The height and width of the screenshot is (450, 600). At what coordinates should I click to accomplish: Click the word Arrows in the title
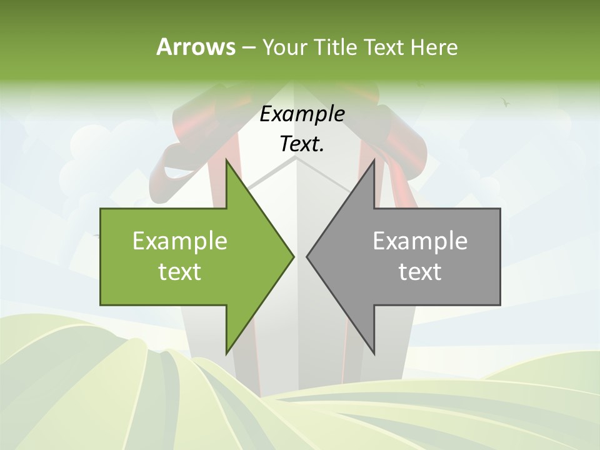[x=196, y=47]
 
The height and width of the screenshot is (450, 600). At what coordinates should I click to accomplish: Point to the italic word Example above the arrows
[x=302, y=114]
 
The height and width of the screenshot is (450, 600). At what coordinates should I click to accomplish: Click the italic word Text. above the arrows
[x=302, y=144]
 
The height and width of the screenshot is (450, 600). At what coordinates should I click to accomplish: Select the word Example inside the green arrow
[x=180, y=241]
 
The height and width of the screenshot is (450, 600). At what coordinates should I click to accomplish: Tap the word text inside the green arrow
[x=180, y=272]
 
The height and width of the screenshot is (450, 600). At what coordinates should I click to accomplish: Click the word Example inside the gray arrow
[x=420, y=241]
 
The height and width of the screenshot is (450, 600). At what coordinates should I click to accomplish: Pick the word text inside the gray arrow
[x=420, y=272]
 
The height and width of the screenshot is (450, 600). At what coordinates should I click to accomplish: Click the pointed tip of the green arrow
[x=294, y=256]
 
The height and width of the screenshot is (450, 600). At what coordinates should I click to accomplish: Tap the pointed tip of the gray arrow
[x=307, y=256]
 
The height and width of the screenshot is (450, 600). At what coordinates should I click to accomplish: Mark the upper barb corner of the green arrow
[x=226, y=160]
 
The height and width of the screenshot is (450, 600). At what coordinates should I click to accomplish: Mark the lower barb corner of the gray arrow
[x=374, y=354]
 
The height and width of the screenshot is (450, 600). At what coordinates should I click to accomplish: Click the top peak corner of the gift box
[x=296, y=157]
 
